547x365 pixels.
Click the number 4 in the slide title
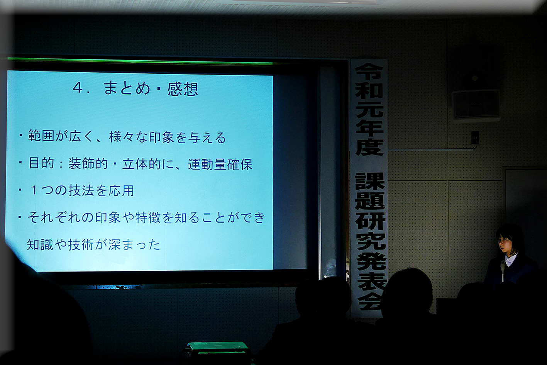pos(78,87)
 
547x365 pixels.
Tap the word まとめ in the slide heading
pos(127,88)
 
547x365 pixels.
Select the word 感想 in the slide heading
pos(183,89)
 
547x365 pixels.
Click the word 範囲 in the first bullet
pos(41,136)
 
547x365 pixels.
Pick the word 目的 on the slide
pos(41,163)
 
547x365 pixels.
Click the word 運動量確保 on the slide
pos(220,165)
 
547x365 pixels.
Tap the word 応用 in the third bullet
pos(121,190)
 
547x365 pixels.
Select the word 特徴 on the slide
pos(148,217)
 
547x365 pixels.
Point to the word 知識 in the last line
pos(40,244)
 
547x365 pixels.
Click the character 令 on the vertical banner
pos(369,71)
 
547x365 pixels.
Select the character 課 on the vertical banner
pos(370,181)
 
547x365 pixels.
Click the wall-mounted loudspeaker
pos(476,105)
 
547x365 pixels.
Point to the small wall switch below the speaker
pos(475,138)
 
